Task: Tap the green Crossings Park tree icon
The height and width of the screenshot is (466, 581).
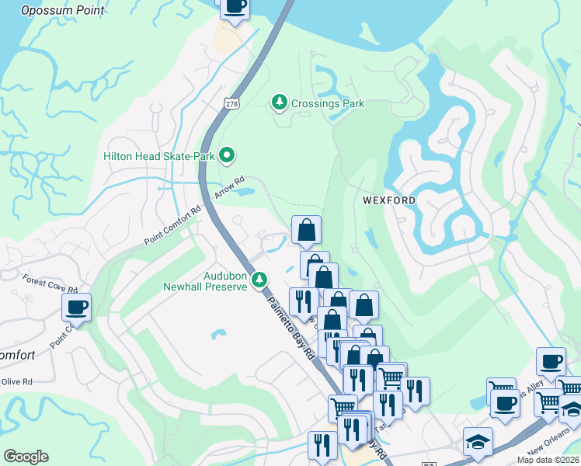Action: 278,103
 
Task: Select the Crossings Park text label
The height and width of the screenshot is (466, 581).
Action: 328,103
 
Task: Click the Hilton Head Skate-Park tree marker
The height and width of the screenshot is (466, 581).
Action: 227,156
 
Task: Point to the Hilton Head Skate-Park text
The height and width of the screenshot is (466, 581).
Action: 160,156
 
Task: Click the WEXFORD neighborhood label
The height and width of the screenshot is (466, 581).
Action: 389,200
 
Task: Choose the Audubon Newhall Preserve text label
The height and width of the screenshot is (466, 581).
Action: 224,280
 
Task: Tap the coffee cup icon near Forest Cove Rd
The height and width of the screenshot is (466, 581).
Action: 76,307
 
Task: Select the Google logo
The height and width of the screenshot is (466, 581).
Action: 26,457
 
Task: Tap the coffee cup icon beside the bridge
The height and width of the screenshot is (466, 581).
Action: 235,6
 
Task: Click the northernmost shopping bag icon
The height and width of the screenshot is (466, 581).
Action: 306,230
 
